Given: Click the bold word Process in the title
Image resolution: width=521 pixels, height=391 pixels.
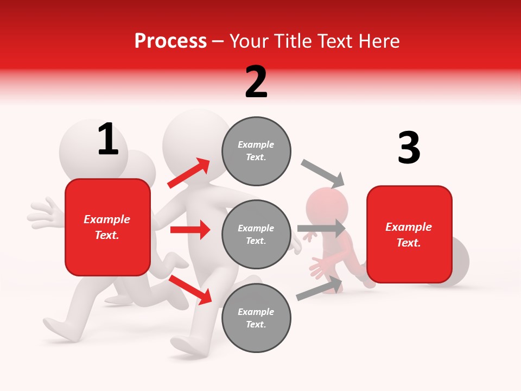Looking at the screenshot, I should (x=170, y=41).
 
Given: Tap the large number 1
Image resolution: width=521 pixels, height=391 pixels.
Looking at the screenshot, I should (x=108, y=139).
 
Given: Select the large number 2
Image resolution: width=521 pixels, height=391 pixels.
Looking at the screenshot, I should (x=256, y=81).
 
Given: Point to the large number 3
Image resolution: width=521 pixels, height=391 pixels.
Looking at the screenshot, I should (x=409, y=148).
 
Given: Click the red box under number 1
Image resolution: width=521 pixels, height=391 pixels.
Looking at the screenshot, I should (x=107, y=227).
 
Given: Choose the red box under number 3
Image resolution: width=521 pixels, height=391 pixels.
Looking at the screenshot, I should (x=409, y=235).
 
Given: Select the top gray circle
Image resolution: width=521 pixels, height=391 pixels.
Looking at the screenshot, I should (x=256, y=151).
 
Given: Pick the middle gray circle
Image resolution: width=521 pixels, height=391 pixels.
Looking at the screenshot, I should (x=256, y=235).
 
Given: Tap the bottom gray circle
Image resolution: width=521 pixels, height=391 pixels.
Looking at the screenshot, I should (x=256, y=318).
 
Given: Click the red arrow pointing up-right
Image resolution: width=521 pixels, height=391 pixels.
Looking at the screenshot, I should (x=188, y=173).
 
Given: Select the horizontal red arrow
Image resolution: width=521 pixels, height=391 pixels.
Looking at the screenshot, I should (x=190, y=230).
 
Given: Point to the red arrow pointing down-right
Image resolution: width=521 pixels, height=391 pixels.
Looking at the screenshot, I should (x=190, y=289).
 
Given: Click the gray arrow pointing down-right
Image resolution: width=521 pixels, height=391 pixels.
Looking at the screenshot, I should (x=323, y=173).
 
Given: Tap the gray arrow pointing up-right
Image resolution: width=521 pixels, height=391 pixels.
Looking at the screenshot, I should (x=319, y=288).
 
